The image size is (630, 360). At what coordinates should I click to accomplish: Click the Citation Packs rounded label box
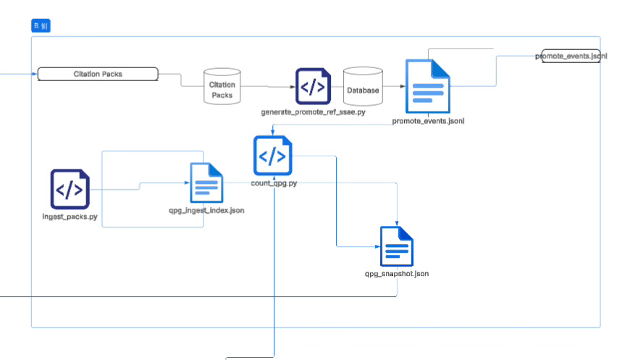click(98, 74)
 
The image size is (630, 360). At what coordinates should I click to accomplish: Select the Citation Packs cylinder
click(222, 87)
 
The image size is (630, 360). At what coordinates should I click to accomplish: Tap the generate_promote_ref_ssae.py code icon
click(313, 87)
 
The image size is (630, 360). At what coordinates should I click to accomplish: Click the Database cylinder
click(363, 87)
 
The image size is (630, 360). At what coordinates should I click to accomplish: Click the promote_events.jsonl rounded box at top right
click(571, 56)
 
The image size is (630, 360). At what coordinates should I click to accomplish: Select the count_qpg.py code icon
click(272, 156)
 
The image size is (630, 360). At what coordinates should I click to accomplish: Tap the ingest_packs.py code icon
click(70, 189)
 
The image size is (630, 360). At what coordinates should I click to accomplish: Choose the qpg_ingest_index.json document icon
click(206, 183)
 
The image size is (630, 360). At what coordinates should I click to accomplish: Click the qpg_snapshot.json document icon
click(397, 246)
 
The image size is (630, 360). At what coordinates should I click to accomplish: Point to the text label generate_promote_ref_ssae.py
click(313, 114)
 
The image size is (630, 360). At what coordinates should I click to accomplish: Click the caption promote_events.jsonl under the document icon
click(428, 121)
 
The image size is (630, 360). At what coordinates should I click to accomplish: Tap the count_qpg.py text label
click(274, 183)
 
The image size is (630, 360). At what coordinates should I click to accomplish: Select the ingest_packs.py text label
click(70, 217)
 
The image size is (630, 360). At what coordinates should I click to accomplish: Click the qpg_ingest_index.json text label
click(206, 211)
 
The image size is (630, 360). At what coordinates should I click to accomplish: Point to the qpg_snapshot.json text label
click(397, 275)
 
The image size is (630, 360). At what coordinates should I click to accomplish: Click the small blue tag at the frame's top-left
click(41, 26)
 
